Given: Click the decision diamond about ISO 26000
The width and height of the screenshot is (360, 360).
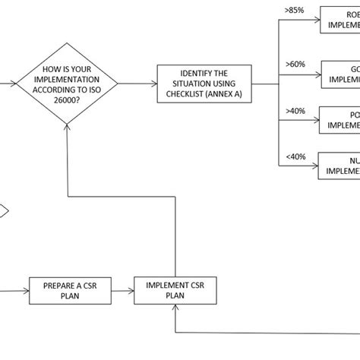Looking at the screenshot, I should [x=68, y=84].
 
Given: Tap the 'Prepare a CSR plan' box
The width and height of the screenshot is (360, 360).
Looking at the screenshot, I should [x=62, y=289].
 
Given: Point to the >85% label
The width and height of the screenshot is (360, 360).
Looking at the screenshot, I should [x=295, y=11].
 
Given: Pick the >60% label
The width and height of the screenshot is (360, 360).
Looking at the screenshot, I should [x=295, y=64].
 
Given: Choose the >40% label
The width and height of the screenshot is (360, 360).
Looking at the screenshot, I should [x=295, y=111].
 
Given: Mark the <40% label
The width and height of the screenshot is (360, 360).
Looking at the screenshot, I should [x=295, y=157].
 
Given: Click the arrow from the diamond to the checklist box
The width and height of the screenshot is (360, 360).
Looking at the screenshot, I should [x=137, y=84].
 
